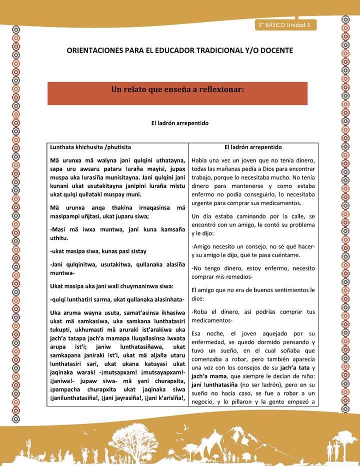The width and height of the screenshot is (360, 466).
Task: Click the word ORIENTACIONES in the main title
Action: click(99, 51)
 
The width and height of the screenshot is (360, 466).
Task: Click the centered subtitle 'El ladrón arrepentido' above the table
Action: click(179, 122)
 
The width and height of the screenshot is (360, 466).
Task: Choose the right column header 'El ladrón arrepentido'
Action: click(253, 147)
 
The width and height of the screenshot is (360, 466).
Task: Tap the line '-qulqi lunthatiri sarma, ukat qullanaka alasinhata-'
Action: click(117, 299)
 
